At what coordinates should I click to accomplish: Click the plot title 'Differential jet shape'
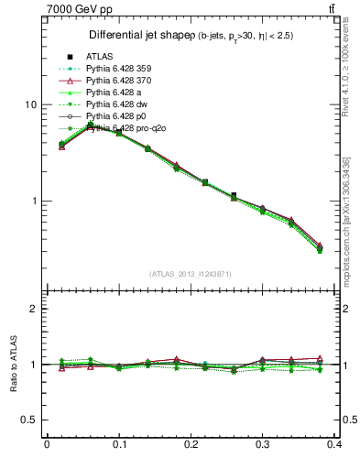click(137, 35)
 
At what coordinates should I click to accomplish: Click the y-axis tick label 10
click(30, 104)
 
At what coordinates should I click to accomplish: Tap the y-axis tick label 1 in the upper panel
click(33, 201)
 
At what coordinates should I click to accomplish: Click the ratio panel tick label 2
click(33, 309)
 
